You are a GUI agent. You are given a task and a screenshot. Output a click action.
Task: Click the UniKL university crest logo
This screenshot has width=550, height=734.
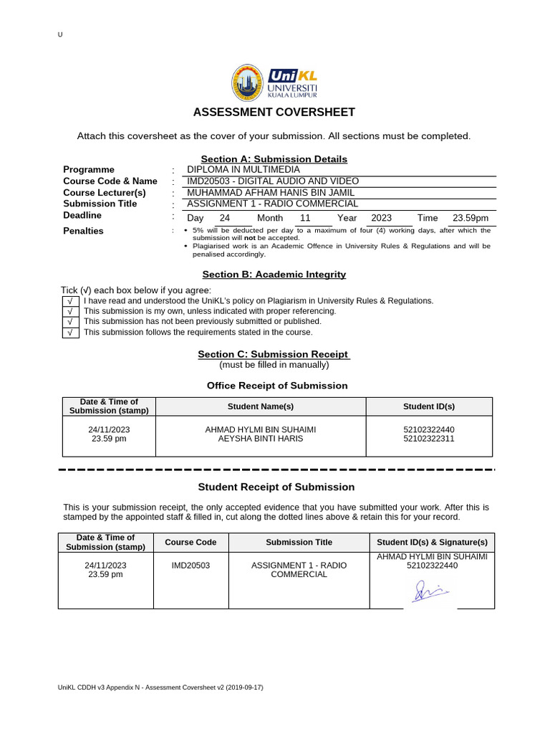click(x=247, y=82)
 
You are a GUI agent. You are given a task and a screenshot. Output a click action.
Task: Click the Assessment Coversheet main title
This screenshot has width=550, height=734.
click(x=274, y=113)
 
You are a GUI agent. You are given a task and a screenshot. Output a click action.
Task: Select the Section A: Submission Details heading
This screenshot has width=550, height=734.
click(x=274, y=159)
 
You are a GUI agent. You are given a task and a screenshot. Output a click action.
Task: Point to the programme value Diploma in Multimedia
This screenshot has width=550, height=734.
click(x=243, y=170)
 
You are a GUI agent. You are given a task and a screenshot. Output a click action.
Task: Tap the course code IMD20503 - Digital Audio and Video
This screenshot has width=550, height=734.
click(x=273, y=181)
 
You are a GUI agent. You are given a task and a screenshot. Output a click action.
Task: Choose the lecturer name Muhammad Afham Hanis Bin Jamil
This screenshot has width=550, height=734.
click(x=271, y=193)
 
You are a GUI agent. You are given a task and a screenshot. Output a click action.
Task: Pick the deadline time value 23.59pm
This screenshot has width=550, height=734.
click(x=471, y=218)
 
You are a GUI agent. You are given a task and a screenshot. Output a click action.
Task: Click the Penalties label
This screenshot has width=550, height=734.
click(x=83, y=231)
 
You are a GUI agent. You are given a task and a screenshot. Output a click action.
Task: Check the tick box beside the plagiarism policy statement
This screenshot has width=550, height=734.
click(x=70, y=301)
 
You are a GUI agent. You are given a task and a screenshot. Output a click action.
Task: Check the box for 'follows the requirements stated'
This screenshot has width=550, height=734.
click(x=70, y=333)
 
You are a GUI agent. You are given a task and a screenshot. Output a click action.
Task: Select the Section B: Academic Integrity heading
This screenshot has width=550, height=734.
click(x=274, y=275)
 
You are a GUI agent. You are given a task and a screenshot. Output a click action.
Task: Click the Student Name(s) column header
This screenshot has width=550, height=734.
click(x=261, y=406)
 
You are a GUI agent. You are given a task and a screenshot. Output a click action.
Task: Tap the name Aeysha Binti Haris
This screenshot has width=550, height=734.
click(x=261, y=439)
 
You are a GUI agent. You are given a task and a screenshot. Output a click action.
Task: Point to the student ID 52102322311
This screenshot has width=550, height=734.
click(x=429, y=439)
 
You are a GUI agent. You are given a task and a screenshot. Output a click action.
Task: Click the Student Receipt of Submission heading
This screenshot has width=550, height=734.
click(x=276, y=487)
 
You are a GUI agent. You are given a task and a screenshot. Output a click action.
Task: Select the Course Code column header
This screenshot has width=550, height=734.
click(x=190, y=543)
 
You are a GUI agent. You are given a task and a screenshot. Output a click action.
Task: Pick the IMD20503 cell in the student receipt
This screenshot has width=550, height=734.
click(x=190, y=566)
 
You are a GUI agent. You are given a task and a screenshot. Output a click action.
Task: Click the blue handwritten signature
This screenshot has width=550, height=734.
click(x=429, y=591)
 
